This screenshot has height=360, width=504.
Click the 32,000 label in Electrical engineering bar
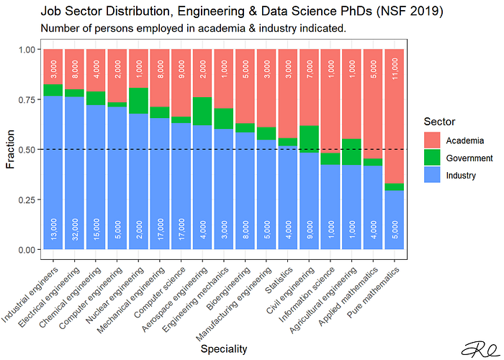75,229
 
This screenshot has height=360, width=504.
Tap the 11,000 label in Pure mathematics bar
395,68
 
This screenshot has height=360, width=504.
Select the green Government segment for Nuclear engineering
138,101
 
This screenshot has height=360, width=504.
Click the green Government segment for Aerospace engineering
202,111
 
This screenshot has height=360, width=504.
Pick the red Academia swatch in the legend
432,140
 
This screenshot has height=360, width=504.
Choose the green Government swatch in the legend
432,158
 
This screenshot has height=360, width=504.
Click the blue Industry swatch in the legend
432,175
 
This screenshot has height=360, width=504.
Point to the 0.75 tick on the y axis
39,99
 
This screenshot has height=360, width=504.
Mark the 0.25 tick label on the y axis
27,200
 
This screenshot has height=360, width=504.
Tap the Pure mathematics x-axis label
374,292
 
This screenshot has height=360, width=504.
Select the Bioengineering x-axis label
229,288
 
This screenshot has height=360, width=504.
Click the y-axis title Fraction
10,149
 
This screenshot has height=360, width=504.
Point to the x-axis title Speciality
224,348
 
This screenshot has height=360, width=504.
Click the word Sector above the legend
439,122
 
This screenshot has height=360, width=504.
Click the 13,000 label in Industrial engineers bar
53,229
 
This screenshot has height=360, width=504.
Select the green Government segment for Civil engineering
309,139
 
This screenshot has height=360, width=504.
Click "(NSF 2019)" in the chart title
410,12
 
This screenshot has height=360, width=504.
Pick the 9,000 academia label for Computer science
181,69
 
